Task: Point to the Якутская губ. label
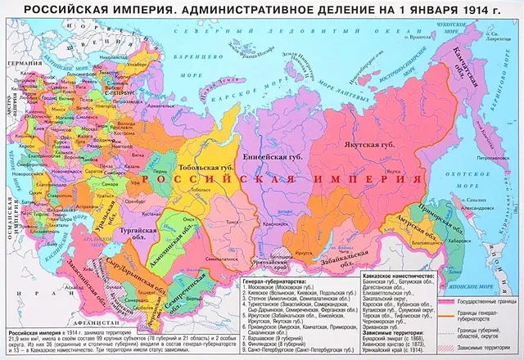tap(360, 144)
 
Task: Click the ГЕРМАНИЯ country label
tap(22, 63)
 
